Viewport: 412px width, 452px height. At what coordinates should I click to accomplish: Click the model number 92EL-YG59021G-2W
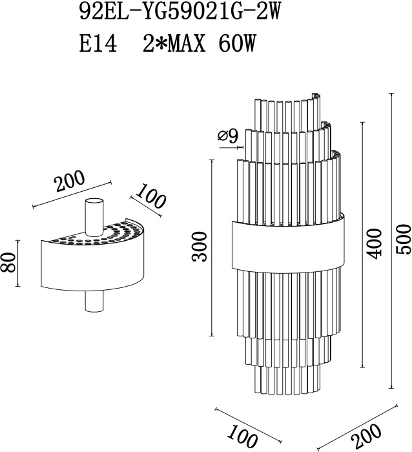coord(180,12)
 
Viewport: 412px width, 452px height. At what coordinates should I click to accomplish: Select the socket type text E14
coord(98,44)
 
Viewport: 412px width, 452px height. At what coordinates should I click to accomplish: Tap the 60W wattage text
coord(237,44)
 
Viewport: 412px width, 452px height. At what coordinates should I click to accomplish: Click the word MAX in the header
coord(187,44)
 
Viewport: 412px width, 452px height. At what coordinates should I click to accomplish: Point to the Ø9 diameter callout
coord(228,136)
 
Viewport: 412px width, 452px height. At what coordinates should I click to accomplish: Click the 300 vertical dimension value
coord(200,247)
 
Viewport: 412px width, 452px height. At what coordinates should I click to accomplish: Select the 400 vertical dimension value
coord(375,244)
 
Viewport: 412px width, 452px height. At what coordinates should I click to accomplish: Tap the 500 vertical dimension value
coord(403,240)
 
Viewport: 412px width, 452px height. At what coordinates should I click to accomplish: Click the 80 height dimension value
coord(8,263)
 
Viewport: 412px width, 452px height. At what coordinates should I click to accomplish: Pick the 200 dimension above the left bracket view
coord(70,181)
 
